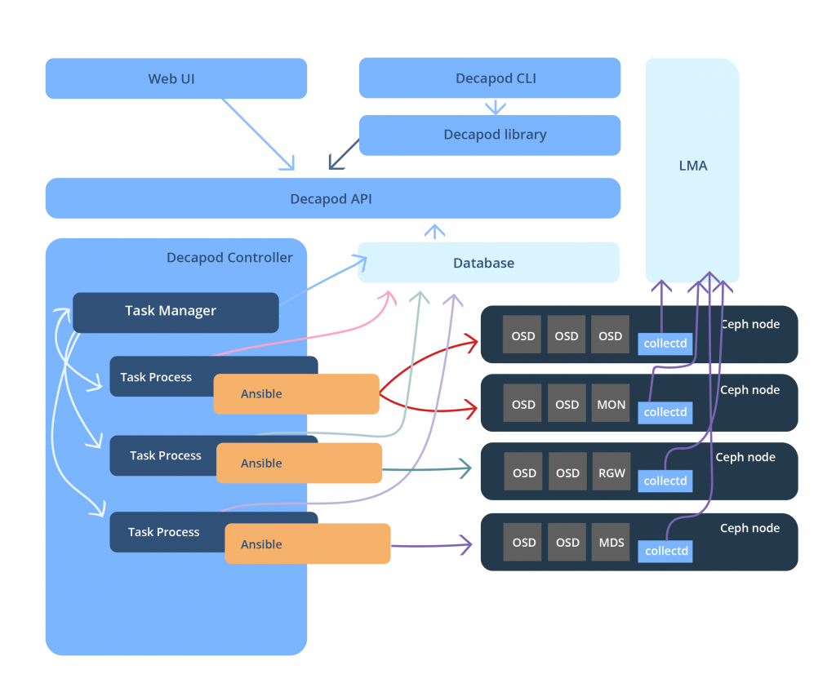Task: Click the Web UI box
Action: click(176, 79)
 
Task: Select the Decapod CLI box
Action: click(490, 79)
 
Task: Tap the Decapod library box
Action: click(490, 135)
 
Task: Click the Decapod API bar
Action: click(332, 198)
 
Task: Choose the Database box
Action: click(488, 263)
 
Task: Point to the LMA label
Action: click(692, 166)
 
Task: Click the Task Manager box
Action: click(176, 311)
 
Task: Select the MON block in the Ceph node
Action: click(611, 405)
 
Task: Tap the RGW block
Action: click(611, 473)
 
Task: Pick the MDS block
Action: click(611, 543)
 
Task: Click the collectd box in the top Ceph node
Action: click(665, 344)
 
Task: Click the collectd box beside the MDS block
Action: click(666, 551)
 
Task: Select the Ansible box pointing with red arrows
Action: click(296, 393)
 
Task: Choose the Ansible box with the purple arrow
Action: click(306, 544)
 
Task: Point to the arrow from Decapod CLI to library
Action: click(495, 107)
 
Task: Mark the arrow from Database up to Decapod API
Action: click(435, 232)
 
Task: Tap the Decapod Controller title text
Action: click(229, 258)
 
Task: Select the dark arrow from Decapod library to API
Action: click(344, 154)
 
